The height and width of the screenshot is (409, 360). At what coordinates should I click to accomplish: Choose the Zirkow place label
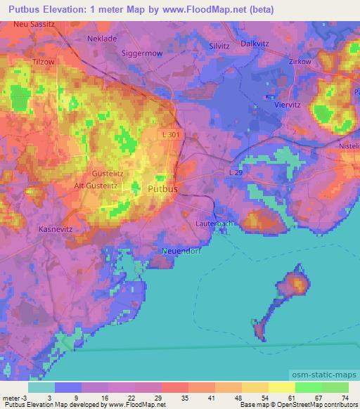(300, 62)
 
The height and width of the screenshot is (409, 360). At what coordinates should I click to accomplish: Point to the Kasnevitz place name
(55, 229)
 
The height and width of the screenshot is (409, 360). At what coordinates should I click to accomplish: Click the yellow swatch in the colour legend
(281, 387)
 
